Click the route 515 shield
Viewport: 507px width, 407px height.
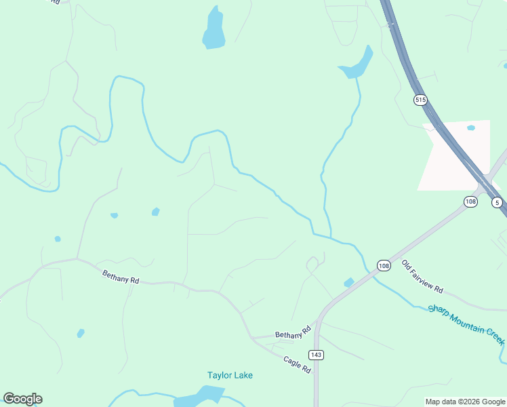(x=420, y=100)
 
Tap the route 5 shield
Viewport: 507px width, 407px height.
(x=497, y=202)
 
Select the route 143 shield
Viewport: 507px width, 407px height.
(x=316, y=355)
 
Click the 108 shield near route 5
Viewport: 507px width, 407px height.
(x=471, y=201)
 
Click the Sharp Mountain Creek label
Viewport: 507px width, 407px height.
(x=466, y=324)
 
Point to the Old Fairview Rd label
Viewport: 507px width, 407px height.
(x=422, y=277)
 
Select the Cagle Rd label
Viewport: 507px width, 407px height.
(x=297, y=365)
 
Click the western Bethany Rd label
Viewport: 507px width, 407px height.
(x=121, y=277)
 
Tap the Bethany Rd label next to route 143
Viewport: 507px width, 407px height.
(x=293, y=332)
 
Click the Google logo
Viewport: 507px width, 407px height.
(x=22, y=399)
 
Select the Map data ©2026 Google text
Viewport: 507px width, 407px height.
(x=465, y=402)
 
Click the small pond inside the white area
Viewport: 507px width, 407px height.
(x=471, y=128)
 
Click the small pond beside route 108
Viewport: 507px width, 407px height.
(x=349, y=282)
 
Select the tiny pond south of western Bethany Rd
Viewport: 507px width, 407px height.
(x=81, y=333)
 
